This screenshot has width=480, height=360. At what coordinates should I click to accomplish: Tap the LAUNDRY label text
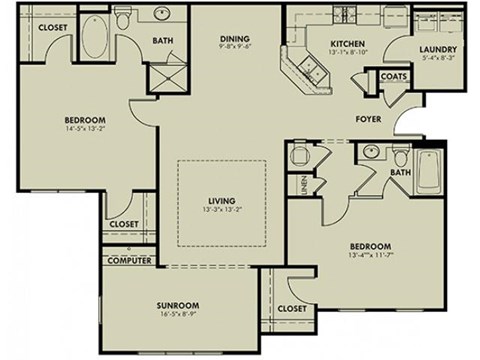click(438, 50)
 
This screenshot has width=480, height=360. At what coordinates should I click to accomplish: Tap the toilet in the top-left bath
click(124, 18)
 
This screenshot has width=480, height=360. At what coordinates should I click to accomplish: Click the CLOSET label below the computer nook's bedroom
click(124, 225)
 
